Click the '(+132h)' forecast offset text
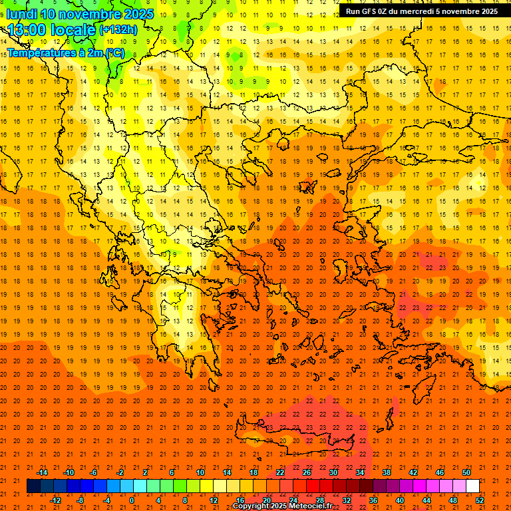(118, 29)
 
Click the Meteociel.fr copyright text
(283, 506)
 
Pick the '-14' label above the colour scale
(41, 472)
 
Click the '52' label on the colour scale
(480, 500)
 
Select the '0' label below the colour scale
(132, 500)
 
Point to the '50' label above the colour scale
(466, 472)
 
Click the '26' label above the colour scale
(307, 472)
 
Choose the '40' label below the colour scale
(400, 500)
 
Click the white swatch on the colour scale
(473, 486)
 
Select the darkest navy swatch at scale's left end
(33, 486)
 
